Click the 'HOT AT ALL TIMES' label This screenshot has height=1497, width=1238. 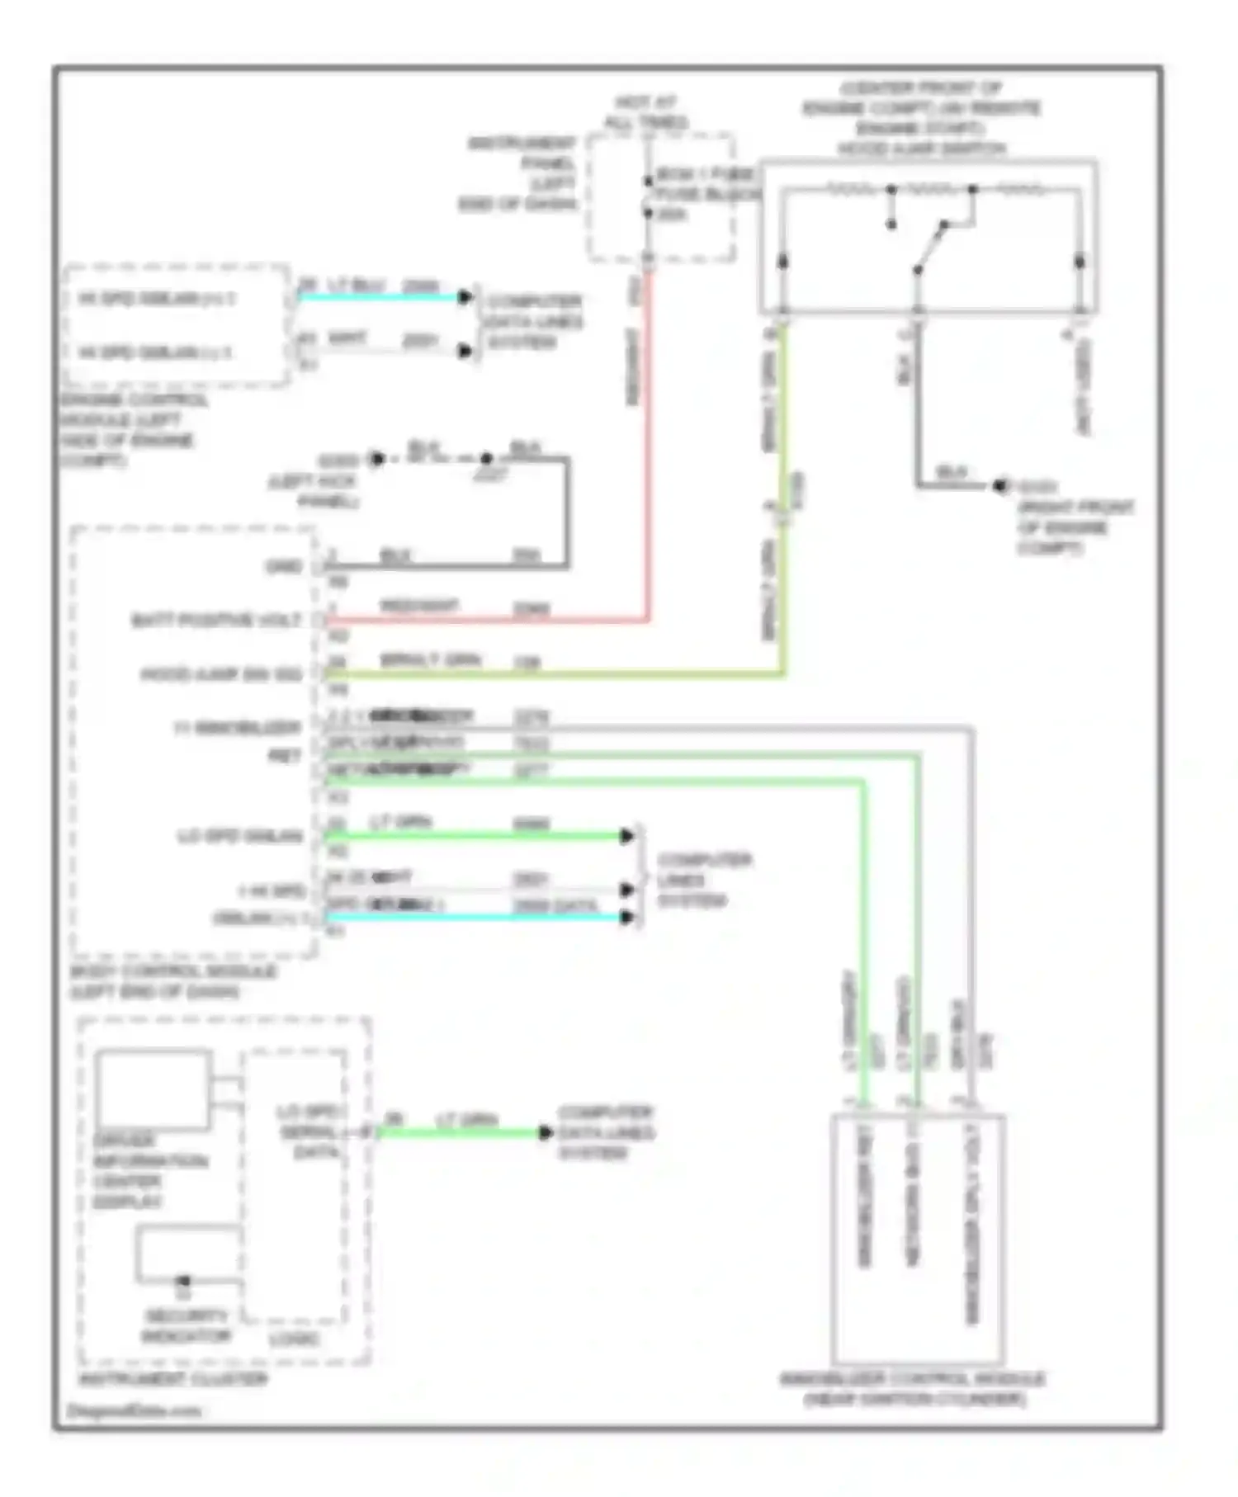point(645,113)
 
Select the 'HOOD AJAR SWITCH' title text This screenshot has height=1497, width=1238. point(922,149)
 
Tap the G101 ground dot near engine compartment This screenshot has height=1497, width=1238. point(999,486)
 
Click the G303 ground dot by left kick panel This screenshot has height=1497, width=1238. point(377,458)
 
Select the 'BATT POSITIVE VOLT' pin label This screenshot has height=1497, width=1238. point(216,620)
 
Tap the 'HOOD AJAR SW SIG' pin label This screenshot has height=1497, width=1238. point(221,674)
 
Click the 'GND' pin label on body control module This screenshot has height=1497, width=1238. point(282,566)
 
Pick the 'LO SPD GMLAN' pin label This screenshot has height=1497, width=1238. point(239,837)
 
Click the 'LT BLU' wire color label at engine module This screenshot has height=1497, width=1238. point(356,286)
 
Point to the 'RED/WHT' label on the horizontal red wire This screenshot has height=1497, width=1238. point(418,607)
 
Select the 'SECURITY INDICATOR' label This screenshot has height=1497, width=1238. point(186,1325)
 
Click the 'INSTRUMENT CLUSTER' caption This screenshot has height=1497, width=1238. point(172,1379)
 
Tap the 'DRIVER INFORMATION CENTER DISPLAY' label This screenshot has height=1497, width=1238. point(150,1171)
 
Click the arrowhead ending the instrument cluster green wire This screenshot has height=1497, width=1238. point(546,1132)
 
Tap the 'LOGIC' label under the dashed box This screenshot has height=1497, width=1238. point(294,1339)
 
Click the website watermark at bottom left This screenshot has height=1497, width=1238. point(133,1410)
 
